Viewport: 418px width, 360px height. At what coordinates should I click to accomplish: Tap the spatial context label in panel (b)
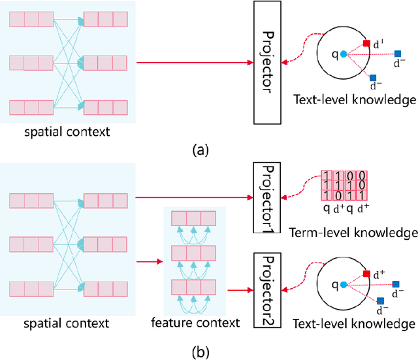pos(68,323)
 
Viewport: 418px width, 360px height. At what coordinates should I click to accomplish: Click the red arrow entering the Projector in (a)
pos(196,63)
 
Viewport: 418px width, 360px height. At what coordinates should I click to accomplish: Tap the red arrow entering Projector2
pos(238,288)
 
